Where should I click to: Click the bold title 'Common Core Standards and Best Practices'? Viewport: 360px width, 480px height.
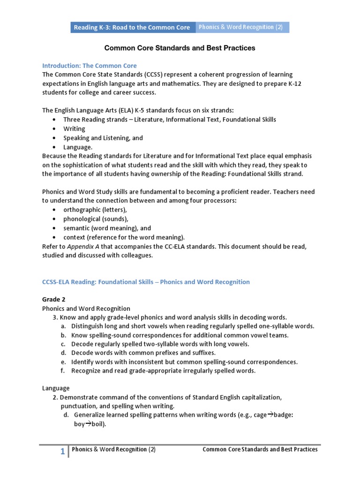(x=180, y=48)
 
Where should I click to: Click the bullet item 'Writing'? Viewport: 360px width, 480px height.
(x=74, y=129)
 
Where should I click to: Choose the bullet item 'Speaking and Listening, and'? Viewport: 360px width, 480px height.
(x=103, y=138)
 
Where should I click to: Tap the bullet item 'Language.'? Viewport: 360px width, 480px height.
(x=78, y=147)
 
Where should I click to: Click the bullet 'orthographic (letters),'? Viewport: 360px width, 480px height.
(x=95, y=210)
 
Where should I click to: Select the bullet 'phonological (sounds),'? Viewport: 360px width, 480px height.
(x=96, y=219)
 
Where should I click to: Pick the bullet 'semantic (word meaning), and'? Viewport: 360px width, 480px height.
(x=107, y=228)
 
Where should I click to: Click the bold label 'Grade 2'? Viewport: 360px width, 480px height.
(x=53, y=300)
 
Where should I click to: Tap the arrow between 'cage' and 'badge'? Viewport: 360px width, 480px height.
(x=270, y=415)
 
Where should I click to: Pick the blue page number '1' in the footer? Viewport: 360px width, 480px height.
(x=62, y=451)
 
